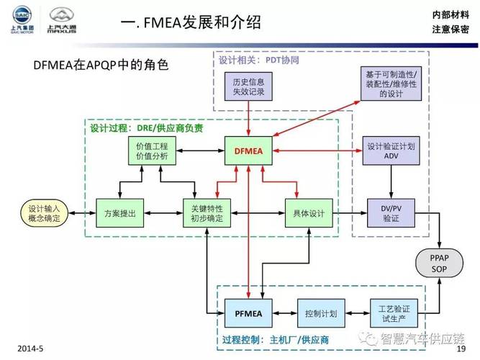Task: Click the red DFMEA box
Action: (x=248, y=150)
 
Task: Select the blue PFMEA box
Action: (x=248, y=313)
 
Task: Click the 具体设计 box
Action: (x=309, y=213)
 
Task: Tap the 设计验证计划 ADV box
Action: (x=391, y=150)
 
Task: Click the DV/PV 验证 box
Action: (x=391, y=213)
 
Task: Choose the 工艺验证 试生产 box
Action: (x=394, y=313)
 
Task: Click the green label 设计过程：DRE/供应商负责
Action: (x=146, y=128)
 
